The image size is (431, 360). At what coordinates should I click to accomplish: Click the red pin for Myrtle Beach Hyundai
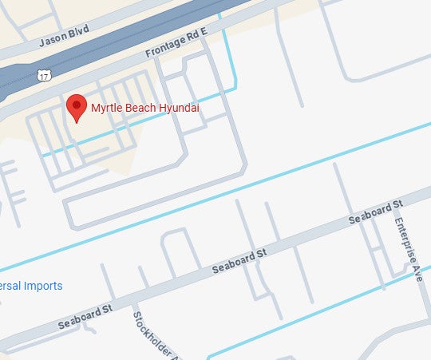(76, 107)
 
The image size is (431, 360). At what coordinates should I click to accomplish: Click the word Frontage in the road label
(163, 47)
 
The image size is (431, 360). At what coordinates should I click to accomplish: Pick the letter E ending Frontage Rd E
(203, 31)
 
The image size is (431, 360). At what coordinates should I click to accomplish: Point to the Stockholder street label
(152, 334)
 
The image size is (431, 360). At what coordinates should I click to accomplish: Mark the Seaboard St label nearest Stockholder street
(85, 316)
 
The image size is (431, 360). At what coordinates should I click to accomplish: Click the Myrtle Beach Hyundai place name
(144, 107)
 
